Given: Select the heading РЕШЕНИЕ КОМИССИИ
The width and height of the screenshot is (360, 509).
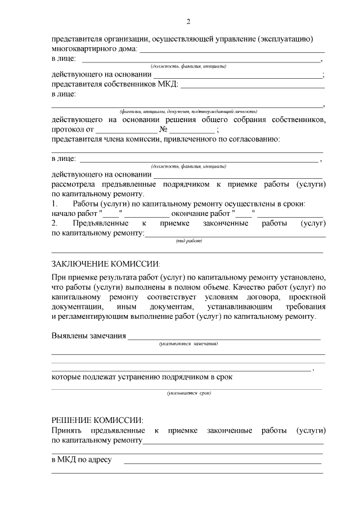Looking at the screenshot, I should point(97,420).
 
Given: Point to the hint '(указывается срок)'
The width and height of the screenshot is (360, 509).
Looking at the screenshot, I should point(188,393).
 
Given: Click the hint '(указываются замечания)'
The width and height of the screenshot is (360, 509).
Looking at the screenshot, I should point(188,343).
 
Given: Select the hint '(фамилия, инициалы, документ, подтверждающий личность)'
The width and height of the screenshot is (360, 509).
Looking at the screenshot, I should point(188,111).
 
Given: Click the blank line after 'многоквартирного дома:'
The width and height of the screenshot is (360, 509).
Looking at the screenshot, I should point(230,51).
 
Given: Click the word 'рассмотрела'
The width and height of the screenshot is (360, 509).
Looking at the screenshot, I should point(74,184).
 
